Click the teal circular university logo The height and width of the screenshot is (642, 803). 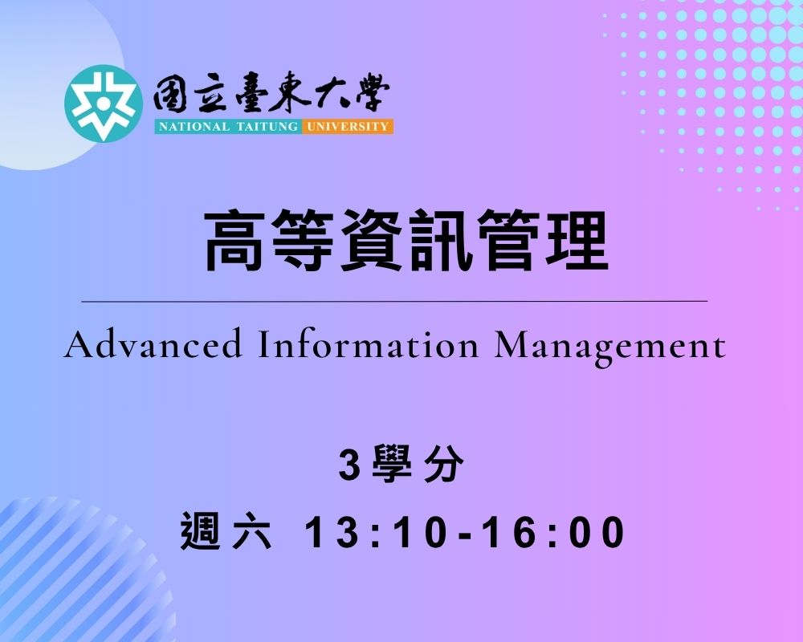point(103,104)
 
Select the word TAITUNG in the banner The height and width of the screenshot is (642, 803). point(267,127)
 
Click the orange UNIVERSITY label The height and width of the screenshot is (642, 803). point(347,127)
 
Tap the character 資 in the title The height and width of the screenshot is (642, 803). point(372,240)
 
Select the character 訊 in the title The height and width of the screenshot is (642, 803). point(440,240)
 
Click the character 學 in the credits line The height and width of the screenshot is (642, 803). point(393,465)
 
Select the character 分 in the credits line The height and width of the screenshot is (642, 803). point(444,465)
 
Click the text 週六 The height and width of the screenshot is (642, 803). point(226,532)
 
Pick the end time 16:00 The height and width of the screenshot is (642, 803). point(555,532)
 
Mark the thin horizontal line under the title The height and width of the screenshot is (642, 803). point(395,302)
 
